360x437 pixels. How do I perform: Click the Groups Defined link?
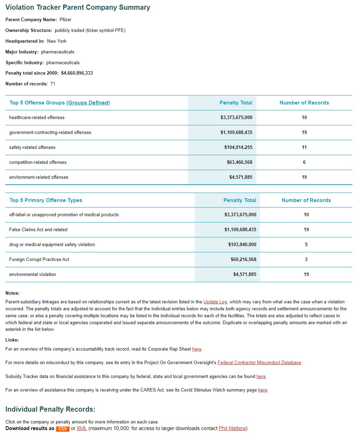click(x=88, y=103)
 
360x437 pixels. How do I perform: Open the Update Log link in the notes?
click(x=215, y=302)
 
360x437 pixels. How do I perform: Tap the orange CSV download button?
click(x=62, y=429)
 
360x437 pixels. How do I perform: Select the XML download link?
click(x=82, y=429)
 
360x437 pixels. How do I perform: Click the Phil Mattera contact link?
click(x=232, y=429)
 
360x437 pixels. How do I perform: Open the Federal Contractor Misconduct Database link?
click(x=259, y=363)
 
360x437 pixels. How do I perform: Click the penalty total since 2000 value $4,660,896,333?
click(x=77, y=73)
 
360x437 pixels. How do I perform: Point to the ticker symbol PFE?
click(x=120, y=31)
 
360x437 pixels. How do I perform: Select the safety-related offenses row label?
click(x=32, y=148)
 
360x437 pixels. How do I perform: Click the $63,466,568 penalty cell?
click(x=239, y=162)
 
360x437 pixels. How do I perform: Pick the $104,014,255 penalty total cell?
click(x=238, y=148)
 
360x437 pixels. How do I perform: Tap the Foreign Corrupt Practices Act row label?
click(x=39, y=260)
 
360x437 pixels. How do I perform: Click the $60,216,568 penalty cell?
click(x=243, y=260)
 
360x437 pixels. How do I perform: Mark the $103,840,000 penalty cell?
click(x=242, y=245)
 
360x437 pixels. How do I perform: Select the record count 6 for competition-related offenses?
click(x=304, y=162)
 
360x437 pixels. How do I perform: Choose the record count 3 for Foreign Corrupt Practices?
click(x=306, y=260)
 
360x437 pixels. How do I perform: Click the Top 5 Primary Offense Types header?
click(x=46, y=200)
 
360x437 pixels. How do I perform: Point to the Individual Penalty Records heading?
click(x=50, y=409)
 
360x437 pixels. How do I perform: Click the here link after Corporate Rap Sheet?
click(x=197, y=349)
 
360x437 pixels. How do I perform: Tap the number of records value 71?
click(x=53, y=84)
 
